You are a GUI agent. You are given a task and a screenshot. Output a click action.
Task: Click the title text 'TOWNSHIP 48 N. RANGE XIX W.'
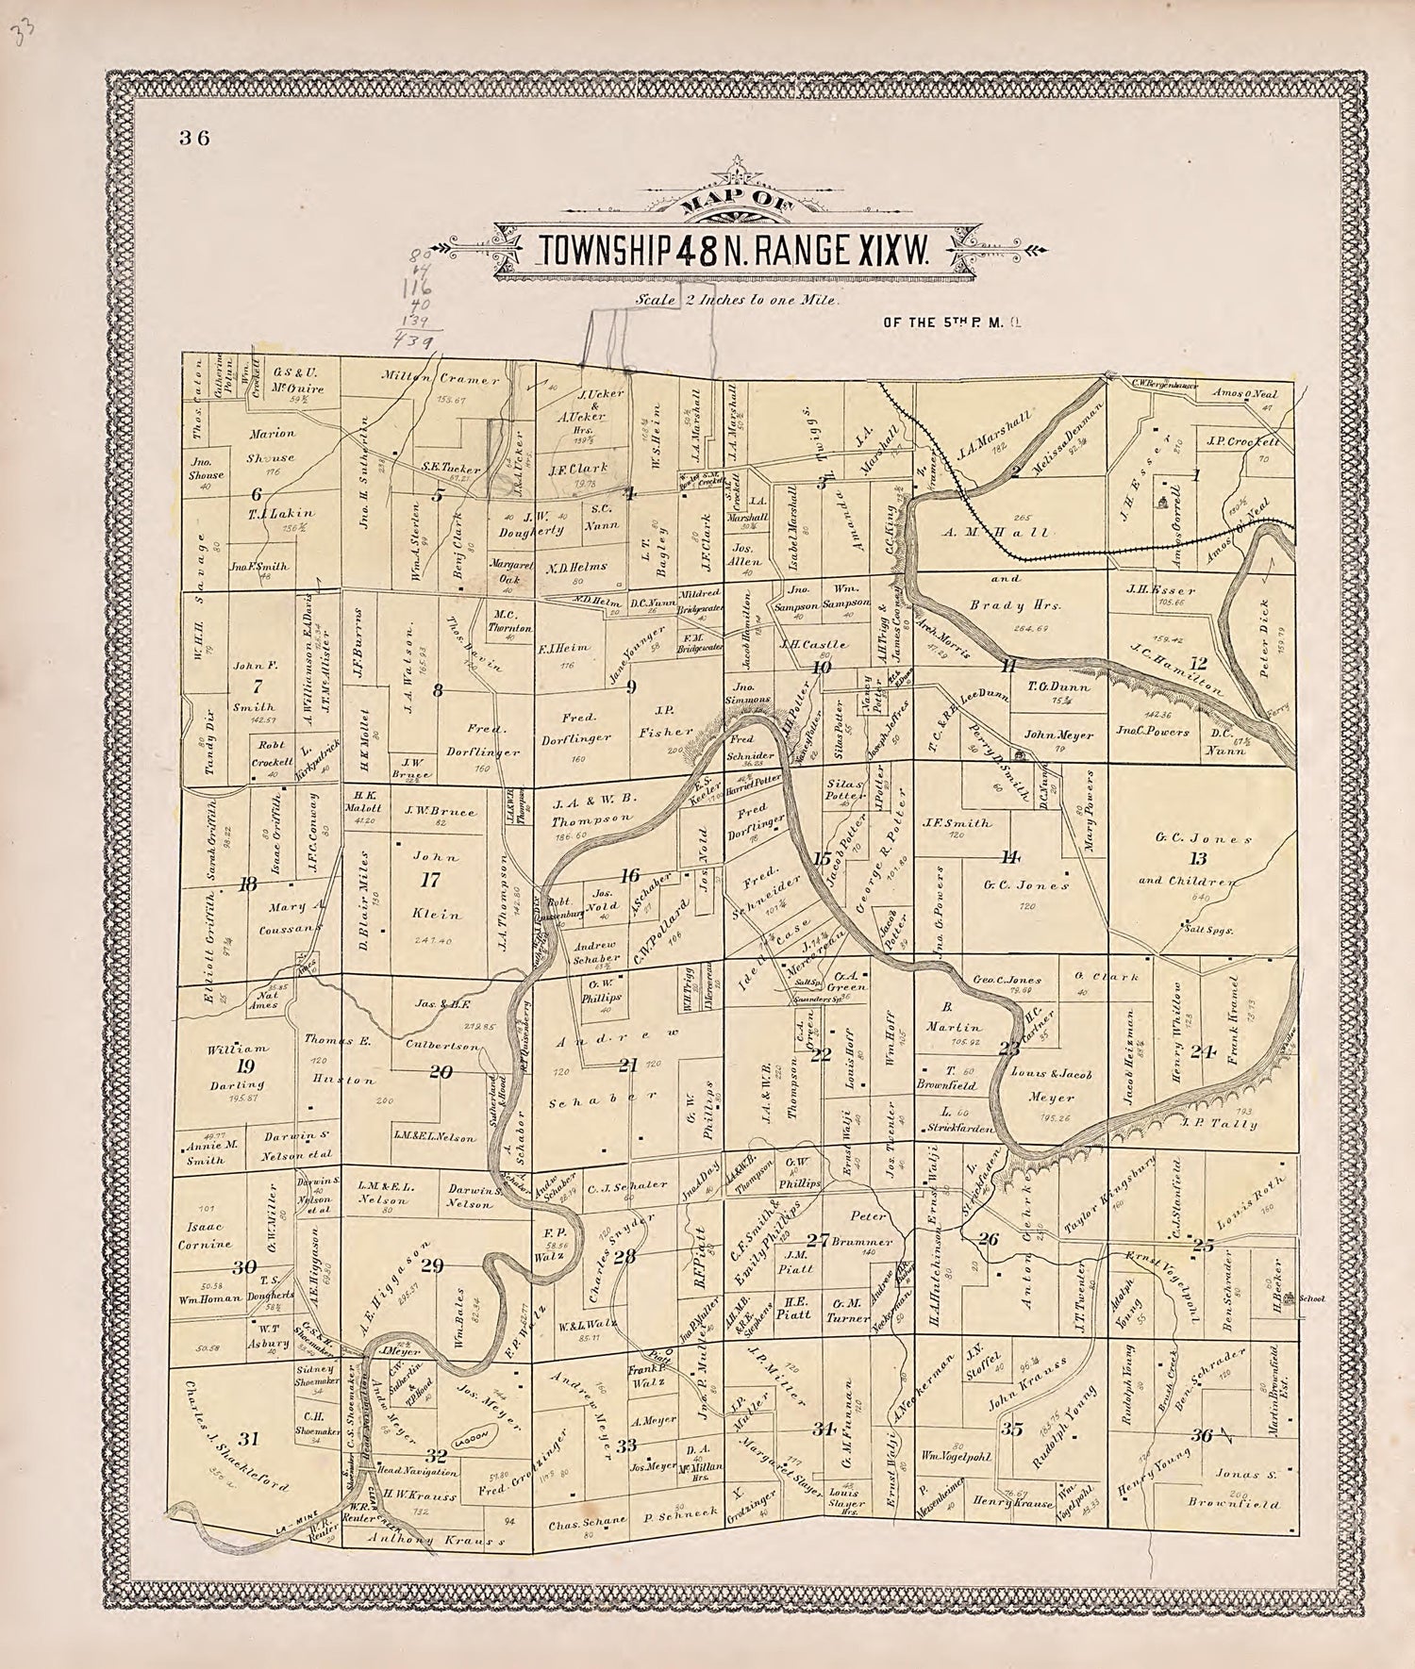click(733, 249)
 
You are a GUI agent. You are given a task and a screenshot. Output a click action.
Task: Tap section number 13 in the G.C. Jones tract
click(1198, 858)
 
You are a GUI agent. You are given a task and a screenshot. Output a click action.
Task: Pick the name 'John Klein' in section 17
click(436, 886)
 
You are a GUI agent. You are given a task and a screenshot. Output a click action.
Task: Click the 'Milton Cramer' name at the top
click(441, 379)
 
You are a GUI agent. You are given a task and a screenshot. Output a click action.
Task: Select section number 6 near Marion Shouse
click(256, 493)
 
